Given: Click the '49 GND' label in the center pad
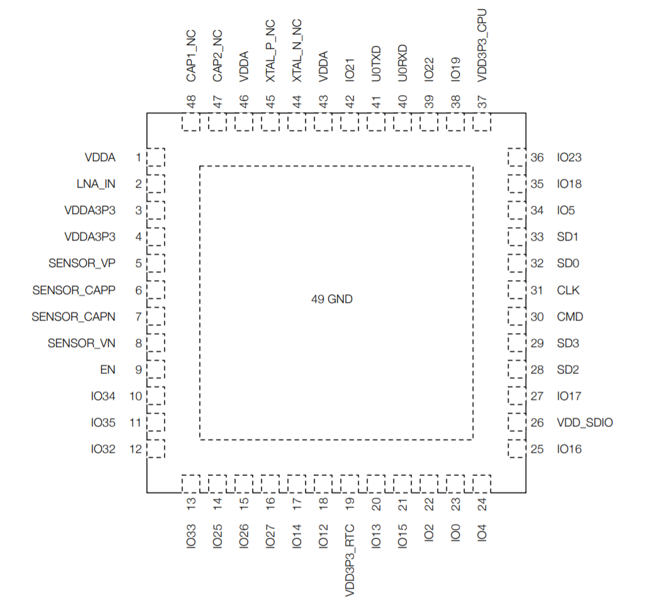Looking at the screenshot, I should [x=332, y=300].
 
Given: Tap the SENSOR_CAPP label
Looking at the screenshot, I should [x=74, y=290].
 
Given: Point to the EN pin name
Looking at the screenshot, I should [x=108, y=370].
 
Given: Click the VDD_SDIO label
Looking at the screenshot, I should [x=585, y=422].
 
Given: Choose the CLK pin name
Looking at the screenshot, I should [x=568, y=290].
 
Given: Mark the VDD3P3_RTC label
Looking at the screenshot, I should [x=350, y=560].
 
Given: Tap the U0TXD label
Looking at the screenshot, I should [x=376, y=64].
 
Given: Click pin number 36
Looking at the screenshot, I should [x=537, y=157].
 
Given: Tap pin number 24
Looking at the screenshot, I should [x=482, y=503].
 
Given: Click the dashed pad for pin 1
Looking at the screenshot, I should [x=155, y=157].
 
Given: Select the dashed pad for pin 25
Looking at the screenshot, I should [x=516, y=449].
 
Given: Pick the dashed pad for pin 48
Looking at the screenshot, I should [x=191, y=122].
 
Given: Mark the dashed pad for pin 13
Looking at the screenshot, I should [x=191, y=483].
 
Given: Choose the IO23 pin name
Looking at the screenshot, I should [x=570, y=157].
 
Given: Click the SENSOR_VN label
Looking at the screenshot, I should [x=82, y=343].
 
